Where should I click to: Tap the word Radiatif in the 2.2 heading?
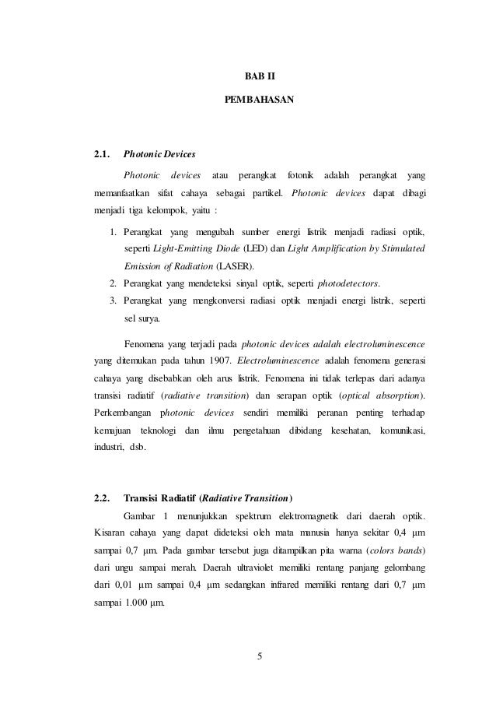point(180,498)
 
